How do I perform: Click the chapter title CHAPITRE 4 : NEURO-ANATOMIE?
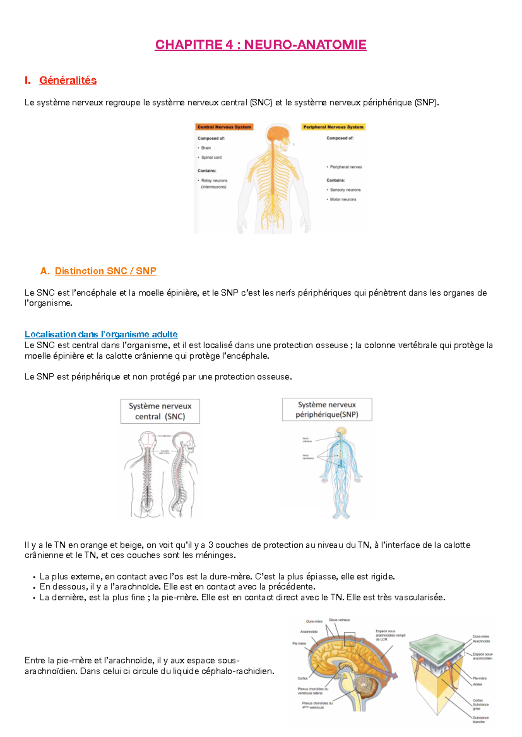tap(261, 45)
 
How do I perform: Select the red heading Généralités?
tap(68, 80)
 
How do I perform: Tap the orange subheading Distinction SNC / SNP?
tap(105, 271)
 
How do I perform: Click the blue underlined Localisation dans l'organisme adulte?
tap(101, 334)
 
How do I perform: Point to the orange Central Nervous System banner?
tap(224, 127)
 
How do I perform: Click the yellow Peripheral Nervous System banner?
tap(333, 127)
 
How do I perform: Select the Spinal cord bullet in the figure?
tap(211, 157)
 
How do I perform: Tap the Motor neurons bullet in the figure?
tap(343, 199)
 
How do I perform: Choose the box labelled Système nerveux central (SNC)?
tap(160, 411)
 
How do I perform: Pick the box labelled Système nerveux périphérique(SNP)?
tap(327, 409)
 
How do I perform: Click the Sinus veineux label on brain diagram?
tap(339, 620)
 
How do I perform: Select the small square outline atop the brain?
tap(349, 639)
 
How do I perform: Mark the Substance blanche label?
tap(480, 720)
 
